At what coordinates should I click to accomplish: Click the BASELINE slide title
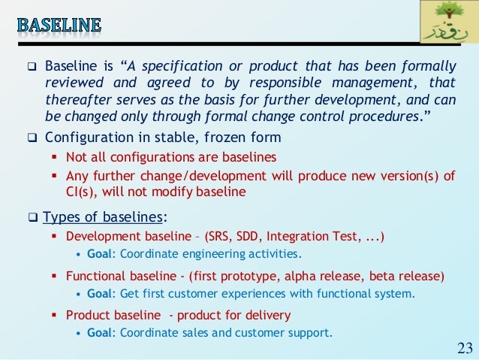59,25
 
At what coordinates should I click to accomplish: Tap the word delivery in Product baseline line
265,315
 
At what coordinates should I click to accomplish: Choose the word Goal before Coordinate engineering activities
101,254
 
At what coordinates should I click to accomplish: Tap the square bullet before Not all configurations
55,157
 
